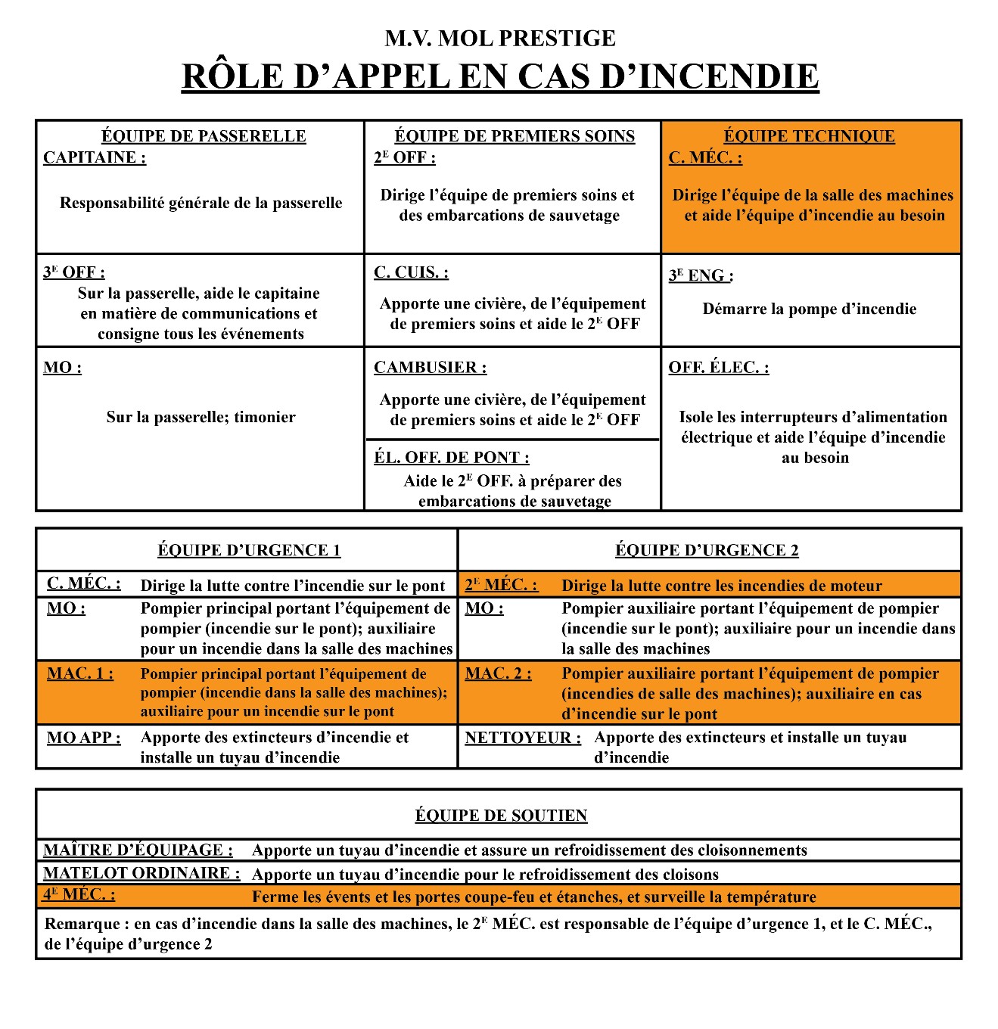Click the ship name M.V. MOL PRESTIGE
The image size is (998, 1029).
pyautogui.click(x=499, y=38)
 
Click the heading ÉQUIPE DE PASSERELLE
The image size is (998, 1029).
pyautogui.click(x=204, y=136)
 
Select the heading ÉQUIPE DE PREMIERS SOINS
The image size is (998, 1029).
pyautogui.click(x=515, y=136)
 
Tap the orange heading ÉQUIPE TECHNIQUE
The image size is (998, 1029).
pyautogui.click(x=809, y=136)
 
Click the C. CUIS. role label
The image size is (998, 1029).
pyautogui.click(x=411, y=272)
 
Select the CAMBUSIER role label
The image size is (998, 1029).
pyautogui.click(x=430, y=368)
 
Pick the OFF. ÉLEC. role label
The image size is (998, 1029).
pyautogui.click(x=718, y=368)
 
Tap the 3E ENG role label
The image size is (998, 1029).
pyautogui.click(x=700, y=275)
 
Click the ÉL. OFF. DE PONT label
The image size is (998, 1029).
pyautogui.click(x=451, y=458)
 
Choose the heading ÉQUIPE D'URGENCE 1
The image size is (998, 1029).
pyautogui.click(x=249, y=550)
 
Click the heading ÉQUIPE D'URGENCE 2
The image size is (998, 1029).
pyautogui.click(x=707, y=550)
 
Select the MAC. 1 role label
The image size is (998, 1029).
pyautogui.click(x=80, y=673)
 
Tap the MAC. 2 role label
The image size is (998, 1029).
pyautogui.click(x=498, y=673)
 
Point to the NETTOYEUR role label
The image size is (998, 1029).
pyautogui.click(x=523, y=738)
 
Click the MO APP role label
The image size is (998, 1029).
pyautogui.click(x=83, y=738)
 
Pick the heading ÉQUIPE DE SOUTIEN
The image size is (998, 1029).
pyautogui.click(x=501, y=816)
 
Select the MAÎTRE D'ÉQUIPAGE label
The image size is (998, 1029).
pyautogui.click(x=138, y=850)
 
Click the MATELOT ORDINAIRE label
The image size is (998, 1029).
pyautogui.click(x=141, y=873)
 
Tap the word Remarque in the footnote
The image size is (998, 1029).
pyautogui.click(x=82, y=924)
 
